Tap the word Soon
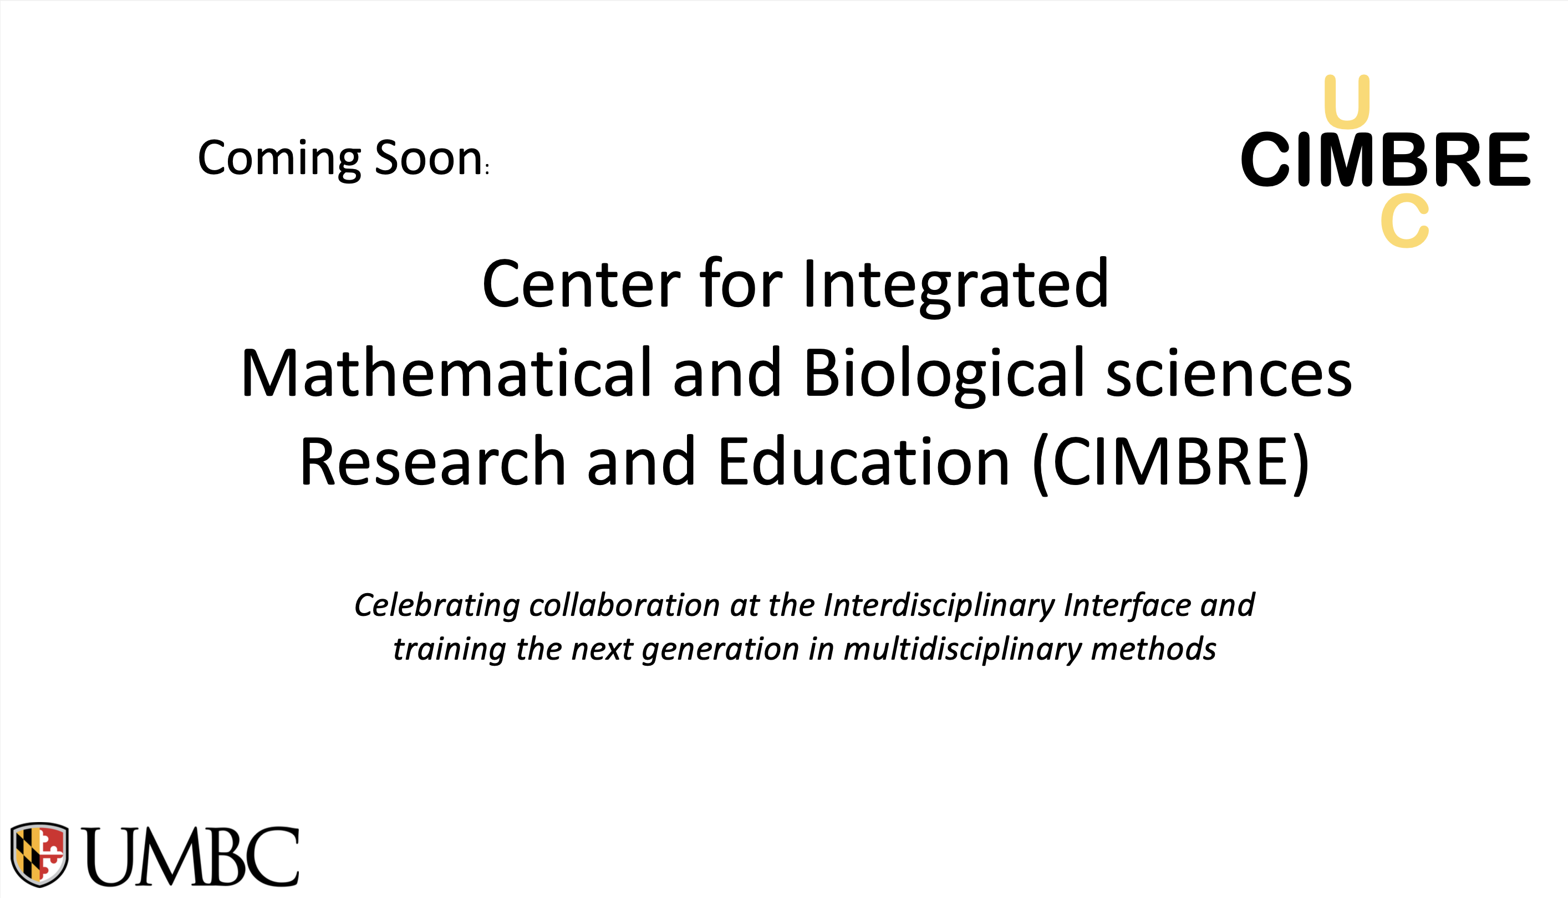coord(428,159)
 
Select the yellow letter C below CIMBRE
coord(1405,220)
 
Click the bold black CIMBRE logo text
coord(1386,159)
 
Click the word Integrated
coord(955,284)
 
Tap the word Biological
coord(944,373)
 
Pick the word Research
coord(432,462)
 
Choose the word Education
coord(864,462)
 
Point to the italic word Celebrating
coord(437,605)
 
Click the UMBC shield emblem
coord(39,854)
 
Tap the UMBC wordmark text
coord(191,856)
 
